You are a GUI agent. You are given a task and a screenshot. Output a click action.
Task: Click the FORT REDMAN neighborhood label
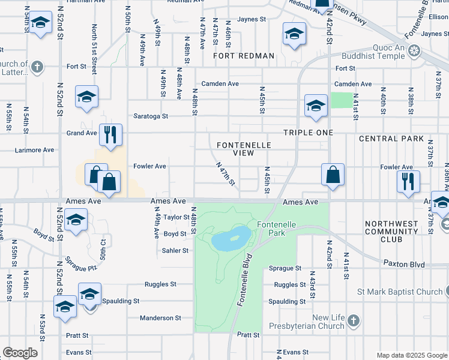coord(244,56)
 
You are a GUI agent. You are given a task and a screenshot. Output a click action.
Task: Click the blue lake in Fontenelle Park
coord(231,239)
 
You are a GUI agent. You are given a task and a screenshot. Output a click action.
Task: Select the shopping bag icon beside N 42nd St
coord(333,175)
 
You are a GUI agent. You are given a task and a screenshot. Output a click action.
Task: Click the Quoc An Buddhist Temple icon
coord(414,51)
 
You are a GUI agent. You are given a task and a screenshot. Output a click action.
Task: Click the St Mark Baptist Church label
coord(399,292)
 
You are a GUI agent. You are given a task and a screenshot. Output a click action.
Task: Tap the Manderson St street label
coord(160,318)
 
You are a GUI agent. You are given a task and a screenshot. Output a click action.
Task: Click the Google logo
coord(20,353)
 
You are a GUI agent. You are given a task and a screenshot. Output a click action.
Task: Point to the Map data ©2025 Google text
coord(411,355)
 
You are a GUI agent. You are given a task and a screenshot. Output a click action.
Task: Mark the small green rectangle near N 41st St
coord(342,100)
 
